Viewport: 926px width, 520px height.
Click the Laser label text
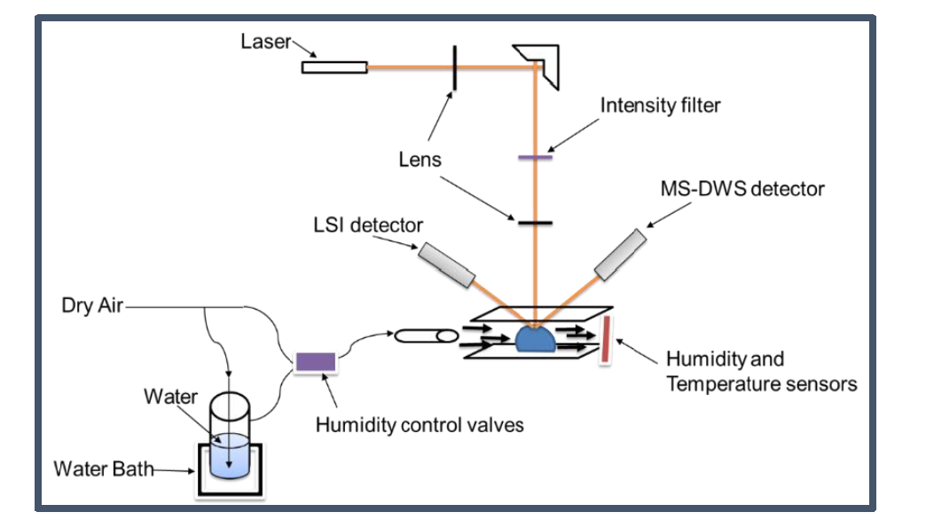(265, 42)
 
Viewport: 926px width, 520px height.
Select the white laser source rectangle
(334, 67)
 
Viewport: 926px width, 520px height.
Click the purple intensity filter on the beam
(535, 158)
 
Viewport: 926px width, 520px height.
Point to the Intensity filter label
(660, 106)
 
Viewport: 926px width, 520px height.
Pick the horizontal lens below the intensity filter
(535, 222)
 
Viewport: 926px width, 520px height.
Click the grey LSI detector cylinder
(448, 265)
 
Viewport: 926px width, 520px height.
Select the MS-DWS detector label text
(742, 189)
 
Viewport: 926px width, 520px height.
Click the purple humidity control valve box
(315, 361)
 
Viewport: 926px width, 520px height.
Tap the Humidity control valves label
(420, 425)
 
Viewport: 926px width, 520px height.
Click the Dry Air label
(91, 307)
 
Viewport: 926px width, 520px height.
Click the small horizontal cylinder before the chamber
(425, 335)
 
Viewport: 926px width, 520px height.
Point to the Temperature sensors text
(761, 384)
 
